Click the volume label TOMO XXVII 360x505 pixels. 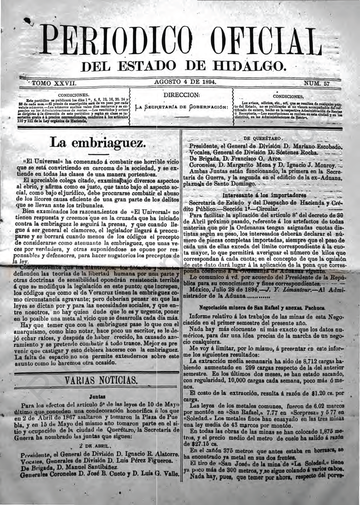coord(54,83)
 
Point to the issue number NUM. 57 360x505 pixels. coord(317,83)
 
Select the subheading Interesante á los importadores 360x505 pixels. coord(265,195)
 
